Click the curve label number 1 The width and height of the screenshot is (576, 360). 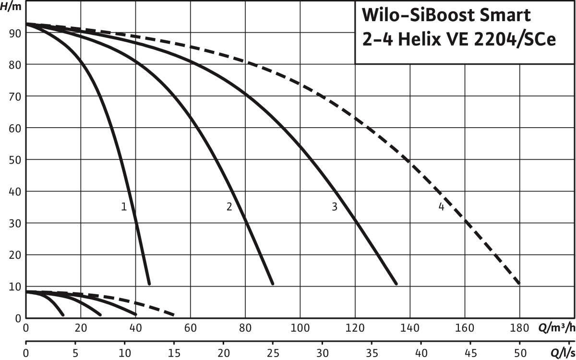[x=124, y=207]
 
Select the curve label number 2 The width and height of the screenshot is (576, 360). [x=229, y=207]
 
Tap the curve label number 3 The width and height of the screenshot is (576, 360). [x=335, y=207]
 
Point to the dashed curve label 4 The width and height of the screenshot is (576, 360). [x=441, y=207]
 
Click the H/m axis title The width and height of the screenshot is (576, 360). [x=12, y=6]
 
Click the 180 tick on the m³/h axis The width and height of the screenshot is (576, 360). [x=519, y=330]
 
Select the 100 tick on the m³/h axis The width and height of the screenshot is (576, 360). [x=300, y=330]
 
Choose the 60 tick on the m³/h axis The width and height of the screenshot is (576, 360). [x=191, y=330]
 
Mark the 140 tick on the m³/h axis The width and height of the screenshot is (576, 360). [x=409, y=330]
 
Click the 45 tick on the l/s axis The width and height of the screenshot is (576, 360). [x=470, y=353]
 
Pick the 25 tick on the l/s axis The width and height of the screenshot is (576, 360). [x=273, y=353]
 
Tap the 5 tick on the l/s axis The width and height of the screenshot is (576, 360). [x=75, y=353]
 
